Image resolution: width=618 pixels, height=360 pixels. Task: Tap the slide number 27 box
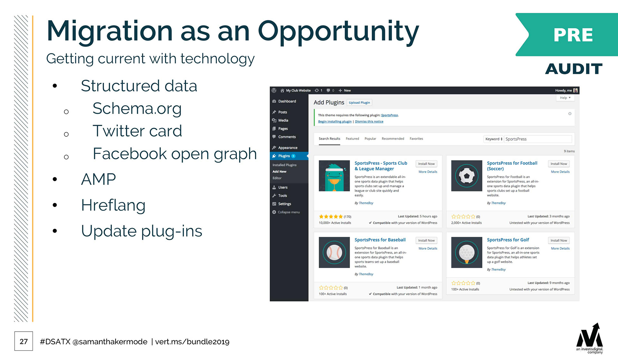23,341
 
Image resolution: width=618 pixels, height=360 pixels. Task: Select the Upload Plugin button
359,103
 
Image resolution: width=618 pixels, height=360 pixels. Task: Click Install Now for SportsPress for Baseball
426,240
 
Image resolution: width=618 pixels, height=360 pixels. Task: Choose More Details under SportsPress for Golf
560,248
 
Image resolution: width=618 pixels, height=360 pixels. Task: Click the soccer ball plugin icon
466,176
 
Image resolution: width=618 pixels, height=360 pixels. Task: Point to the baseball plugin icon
334,252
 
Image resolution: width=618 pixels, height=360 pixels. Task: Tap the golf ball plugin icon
466,252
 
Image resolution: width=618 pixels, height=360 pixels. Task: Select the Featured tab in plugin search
352,139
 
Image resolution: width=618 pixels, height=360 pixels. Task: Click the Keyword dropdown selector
493,139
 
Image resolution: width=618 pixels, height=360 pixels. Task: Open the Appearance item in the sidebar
288,148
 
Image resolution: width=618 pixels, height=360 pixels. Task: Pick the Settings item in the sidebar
285,204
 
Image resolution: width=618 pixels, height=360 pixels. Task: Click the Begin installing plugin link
335,122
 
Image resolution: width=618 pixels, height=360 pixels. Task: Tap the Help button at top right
565,98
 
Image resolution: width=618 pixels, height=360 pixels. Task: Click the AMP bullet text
98,179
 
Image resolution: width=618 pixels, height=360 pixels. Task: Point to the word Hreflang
113,206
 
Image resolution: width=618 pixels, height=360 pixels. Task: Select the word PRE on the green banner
573,35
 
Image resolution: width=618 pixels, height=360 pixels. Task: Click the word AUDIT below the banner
574,69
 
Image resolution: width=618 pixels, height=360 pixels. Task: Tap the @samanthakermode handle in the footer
110,342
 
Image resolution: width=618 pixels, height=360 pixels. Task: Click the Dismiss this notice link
369,122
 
